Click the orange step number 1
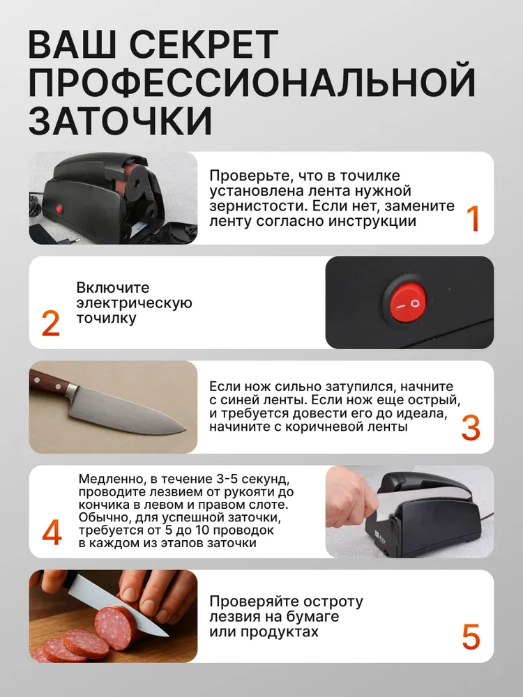(473, 218)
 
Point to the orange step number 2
(51, 324)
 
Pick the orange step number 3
(471, 428)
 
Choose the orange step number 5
(471, 637)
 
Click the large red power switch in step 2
(405, 303)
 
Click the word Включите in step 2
(113, 288)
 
